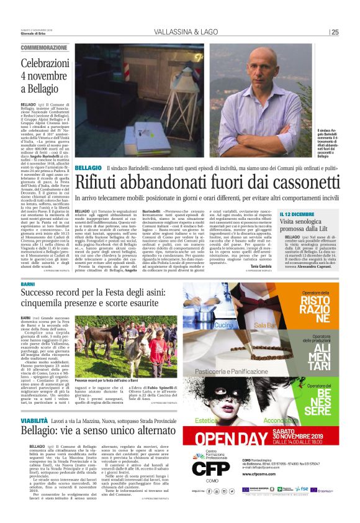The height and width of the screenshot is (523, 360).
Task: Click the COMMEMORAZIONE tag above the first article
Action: pyautogui.click(x=44, y=47)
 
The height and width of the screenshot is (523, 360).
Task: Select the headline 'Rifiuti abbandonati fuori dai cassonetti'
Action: pyautogui.click(x=208, y=165)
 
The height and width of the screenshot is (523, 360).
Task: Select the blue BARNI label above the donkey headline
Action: pyautogui.click(x=27, y=284)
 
